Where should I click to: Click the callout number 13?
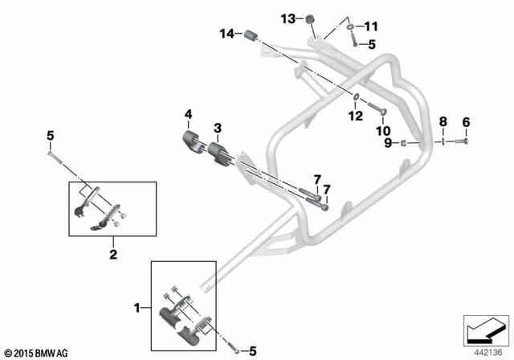[x=288, y=18]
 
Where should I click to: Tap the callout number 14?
[x=227, y=34]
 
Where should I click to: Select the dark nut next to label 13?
[x=308, y=18]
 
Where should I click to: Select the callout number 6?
[x=464, y=122]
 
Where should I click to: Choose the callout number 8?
[x=442, y=122]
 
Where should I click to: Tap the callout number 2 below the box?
[x=113, y=254]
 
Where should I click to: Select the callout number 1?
[x=138, y=307]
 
